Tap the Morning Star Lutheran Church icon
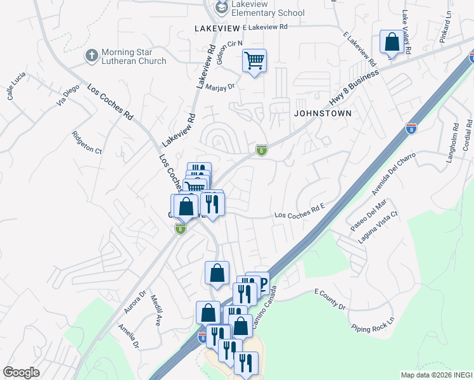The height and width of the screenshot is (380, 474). pos(92,56)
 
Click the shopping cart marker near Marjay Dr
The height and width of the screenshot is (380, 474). pos(254,61)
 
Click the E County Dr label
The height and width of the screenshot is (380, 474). pos(330,300)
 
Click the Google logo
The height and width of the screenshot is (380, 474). pos(21,372)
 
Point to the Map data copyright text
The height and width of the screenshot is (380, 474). pos(436,375)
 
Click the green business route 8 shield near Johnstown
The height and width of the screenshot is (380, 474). pos(261,150)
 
